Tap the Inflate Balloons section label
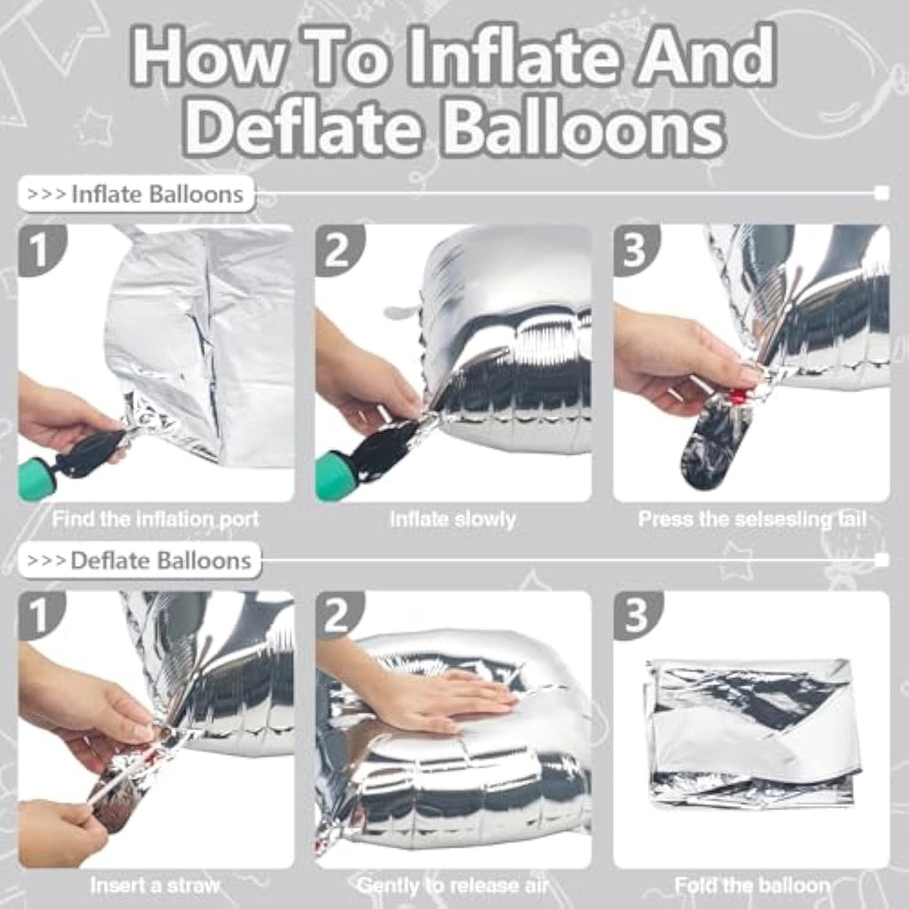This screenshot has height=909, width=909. tap(137, 195)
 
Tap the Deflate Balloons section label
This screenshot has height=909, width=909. tap(140, 561)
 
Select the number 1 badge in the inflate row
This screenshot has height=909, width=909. tap(41, 249)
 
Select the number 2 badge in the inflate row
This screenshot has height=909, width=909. tap(338, 249)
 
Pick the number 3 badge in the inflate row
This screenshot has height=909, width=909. tap(635, 249)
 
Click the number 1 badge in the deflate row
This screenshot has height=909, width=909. tap(41, 614)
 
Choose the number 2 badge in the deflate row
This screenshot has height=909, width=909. tap(338, 614)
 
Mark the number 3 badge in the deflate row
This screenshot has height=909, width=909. tap(636, 614)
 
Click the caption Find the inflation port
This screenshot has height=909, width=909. tap(155, 519)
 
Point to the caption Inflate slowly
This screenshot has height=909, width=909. tap(453, 519)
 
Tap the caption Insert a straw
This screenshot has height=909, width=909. tap(155, 885)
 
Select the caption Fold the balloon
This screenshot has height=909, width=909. tap(752, 885)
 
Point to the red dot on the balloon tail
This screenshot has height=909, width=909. tap(737, 397)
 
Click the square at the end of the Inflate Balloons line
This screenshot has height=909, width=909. tap(882, 193)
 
